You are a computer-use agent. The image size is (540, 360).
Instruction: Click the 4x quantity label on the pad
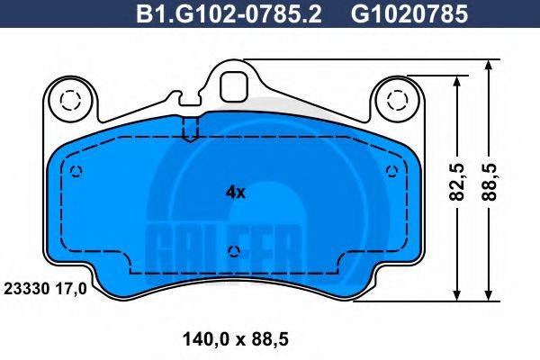click(x=235, y=191)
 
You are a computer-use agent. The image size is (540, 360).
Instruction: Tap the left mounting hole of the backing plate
click(x=67, y=98)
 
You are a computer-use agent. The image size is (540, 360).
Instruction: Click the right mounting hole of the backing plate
click(x=397, y=98)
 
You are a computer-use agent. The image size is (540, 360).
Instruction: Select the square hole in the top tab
click(x=236, y=85)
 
